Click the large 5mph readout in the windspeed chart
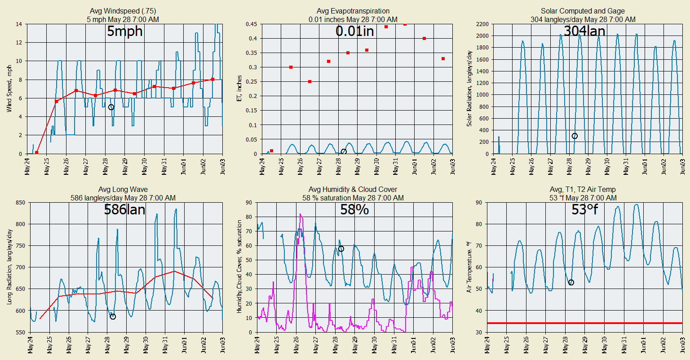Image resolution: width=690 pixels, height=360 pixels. click(x=125, y=31)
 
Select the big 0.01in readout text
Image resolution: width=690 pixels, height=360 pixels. click(x=354, y=31)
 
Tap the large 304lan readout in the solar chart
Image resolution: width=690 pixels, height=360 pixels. click(x=584, y=31)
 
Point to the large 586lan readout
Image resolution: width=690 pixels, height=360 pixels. click(x=125, y=209)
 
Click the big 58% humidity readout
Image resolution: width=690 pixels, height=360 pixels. click(x=354, y=209)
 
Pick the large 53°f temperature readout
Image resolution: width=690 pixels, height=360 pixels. click(x=584, y=209)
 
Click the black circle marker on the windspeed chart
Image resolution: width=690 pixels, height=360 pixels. click(x=111, y=107)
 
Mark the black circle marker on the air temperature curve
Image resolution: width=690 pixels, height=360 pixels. click(x=571, y=282)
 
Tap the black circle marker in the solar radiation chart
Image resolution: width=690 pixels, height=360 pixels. click(x=575, y=136)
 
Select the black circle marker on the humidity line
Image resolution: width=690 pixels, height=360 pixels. click(x=341, y=249)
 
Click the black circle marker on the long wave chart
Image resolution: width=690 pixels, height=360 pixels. click(x=113, y=316)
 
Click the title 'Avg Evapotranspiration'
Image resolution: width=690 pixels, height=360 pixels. click(x=353, y=11)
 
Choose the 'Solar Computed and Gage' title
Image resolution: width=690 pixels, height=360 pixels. click(x=583, y=11)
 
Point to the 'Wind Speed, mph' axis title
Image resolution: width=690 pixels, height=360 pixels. click(x=9, y=89)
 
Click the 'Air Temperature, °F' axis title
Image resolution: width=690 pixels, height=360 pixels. click(x=469, y=267)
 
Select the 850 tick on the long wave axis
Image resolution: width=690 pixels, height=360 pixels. click(x=20, y=203)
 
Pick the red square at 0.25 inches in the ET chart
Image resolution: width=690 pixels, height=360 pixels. click(x=310, y=81)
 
